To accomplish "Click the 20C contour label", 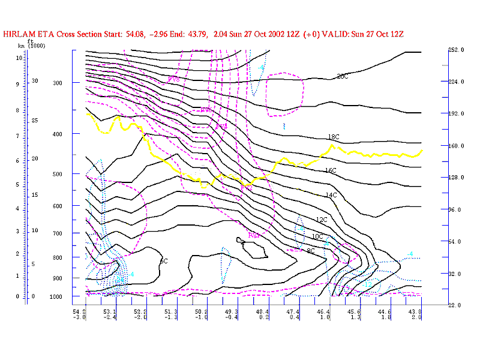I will tap(343, 76).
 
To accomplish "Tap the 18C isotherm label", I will tap(334, 137).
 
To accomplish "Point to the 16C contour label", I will tap(331, 171).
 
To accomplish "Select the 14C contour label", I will tap(331, 196).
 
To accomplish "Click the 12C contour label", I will tap(322, 220).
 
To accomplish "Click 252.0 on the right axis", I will tap(457, 50).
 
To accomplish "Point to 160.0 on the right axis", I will tap(457, 145).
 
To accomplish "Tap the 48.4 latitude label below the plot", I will tap(262, 312).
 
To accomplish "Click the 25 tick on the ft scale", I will tap(35, 121).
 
